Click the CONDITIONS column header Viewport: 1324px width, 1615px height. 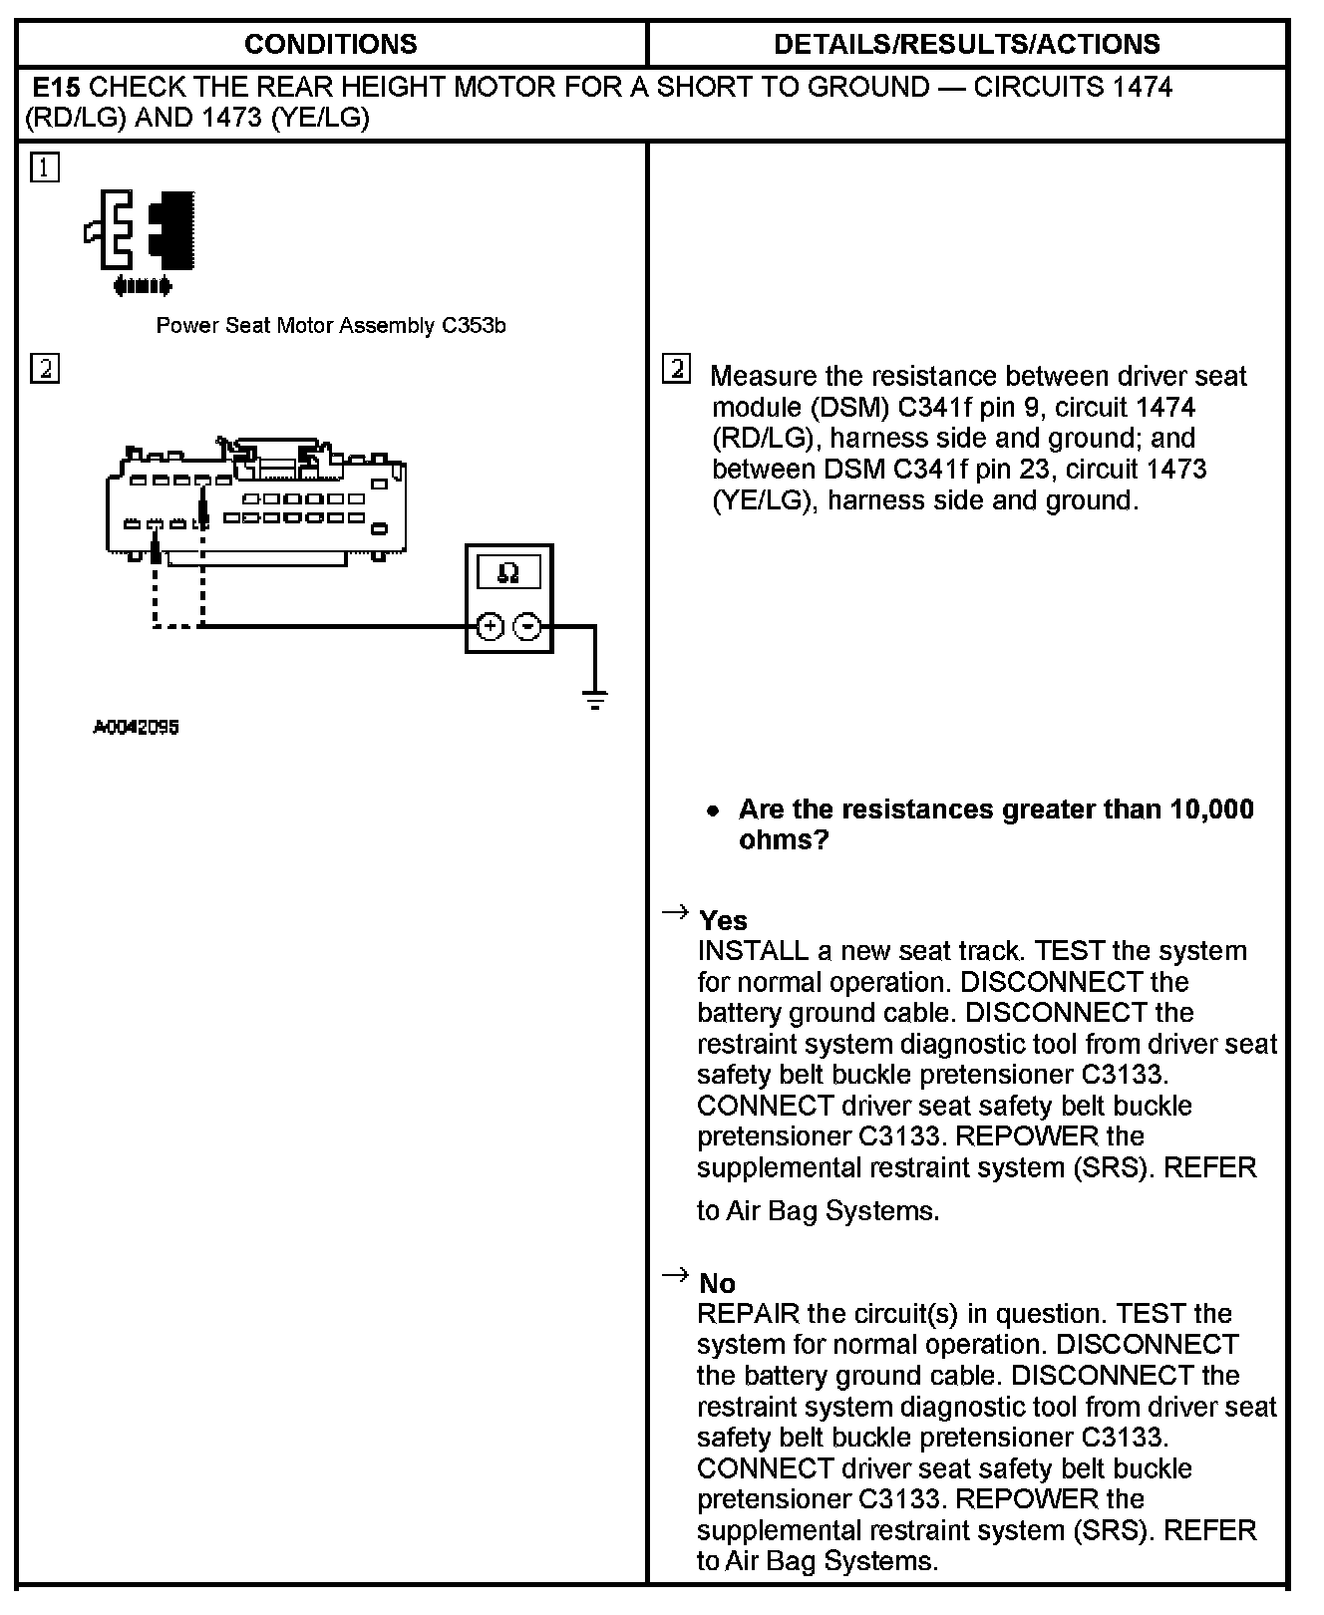[x=330, y=44]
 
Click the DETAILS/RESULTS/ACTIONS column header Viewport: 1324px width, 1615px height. [x=966, y=44]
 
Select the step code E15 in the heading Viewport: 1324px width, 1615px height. [x=57, y=87]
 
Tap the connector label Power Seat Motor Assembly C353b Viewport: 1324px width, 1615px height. [x=331, y=326]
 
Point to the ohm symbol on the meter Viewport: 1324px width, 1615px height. [x=508, y=573]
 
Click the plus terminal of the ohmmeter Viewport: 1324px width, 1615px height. [x=490, y=626]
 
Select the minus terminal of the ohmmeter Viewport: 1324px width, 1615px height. [x=527, y=626]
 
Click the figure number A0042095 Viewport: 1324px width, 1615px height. [x=136, y=728]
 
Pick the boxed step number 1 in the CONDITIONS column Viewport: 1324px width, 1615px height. [x=45, y=167]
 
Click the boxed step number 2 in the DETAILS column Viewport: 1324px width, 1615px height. [x=676, y=370]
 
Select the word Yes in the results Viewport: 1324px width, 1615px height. [x=723, y=920]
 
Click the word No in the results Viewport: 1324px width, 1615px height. [x=717, y=1283]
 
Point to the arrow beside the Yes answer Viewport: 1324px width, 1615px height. [x=675, y=911]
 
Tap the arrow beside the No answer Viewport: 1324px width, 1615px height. [x=675, y=1274]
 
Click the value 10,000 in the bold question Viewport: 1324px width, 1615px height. [x=1211, y=809]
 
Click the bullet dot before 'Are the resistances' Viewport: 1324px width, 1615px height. [x=712, y=810]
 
